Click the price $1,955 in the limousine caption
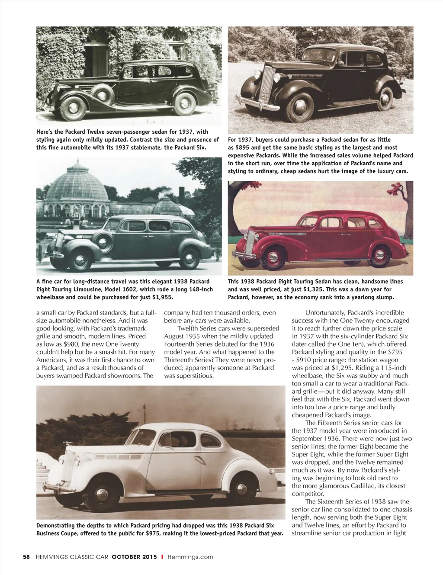[x=162, y=297]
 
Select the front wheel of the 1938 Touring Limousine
[x=80, y=260]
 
